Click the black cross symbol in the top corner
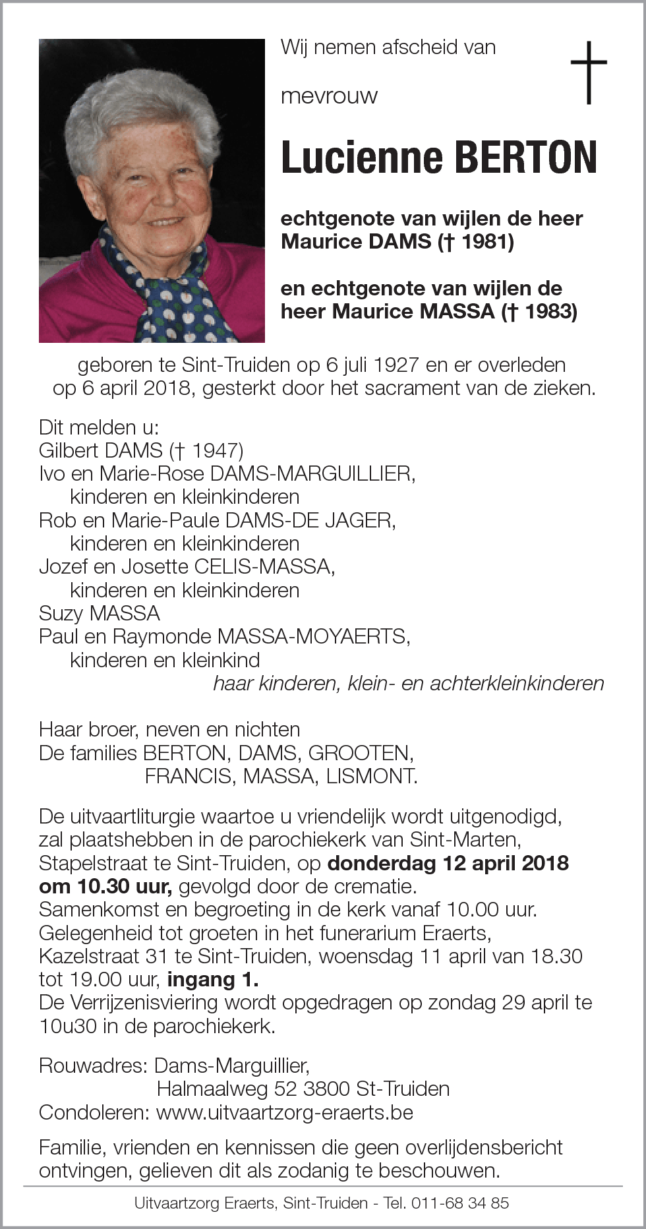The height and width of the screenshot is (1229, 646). (x=588, y=72)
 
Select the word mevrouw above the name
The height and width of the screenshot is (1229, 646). (x=329, y=96)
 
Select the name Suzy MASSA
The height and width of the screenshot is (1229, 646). (x=100, y=613)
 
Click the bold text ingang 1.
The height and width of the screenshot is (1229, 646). (x=213, y=979)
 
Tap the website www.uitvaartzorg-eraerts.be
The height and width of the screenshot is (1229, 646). (x=284, y=1112)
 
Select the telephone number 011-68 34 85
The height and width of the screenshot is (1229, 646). (x=460, y=1203)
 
